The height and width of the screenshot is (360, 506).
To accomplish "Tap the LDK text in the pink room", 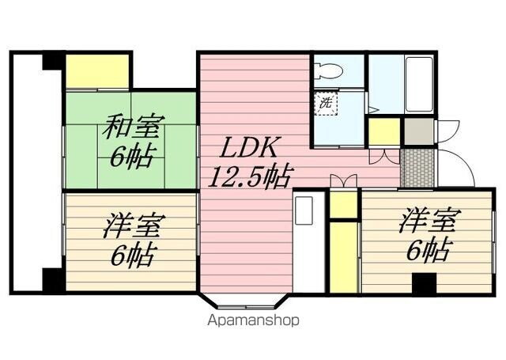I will pyautogui.click(x=246, y=148).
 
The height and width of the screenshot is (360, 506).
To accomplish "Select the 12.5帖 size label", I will pyautogui.click(x=247, y=175).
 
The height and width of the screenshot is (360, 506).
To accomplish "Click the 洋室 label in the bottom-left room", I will pyautogui.click(x=131, y=227).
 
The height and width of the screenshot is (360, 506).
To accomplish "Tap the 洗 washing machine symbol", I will pyautogui.click(x=325, y=101).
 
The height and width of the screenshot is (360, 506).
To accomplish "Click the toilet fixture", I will pyautogui.click(x=328, y=70).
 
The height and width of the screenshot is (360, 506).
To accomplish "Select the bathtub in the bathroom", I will pyautogui.click(x=417, y=85).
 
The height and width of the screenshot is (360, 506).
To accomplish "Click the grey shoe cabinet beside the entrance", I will pyautogui.click(x=419, y=131).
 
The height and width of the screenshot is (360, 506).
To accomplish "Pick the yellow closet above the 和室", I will pyautogui.click(x=97, y=71).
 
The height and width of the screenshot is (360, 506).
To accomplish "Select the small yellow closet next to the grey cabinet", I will pyautogui.click(x=383, y=131).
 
